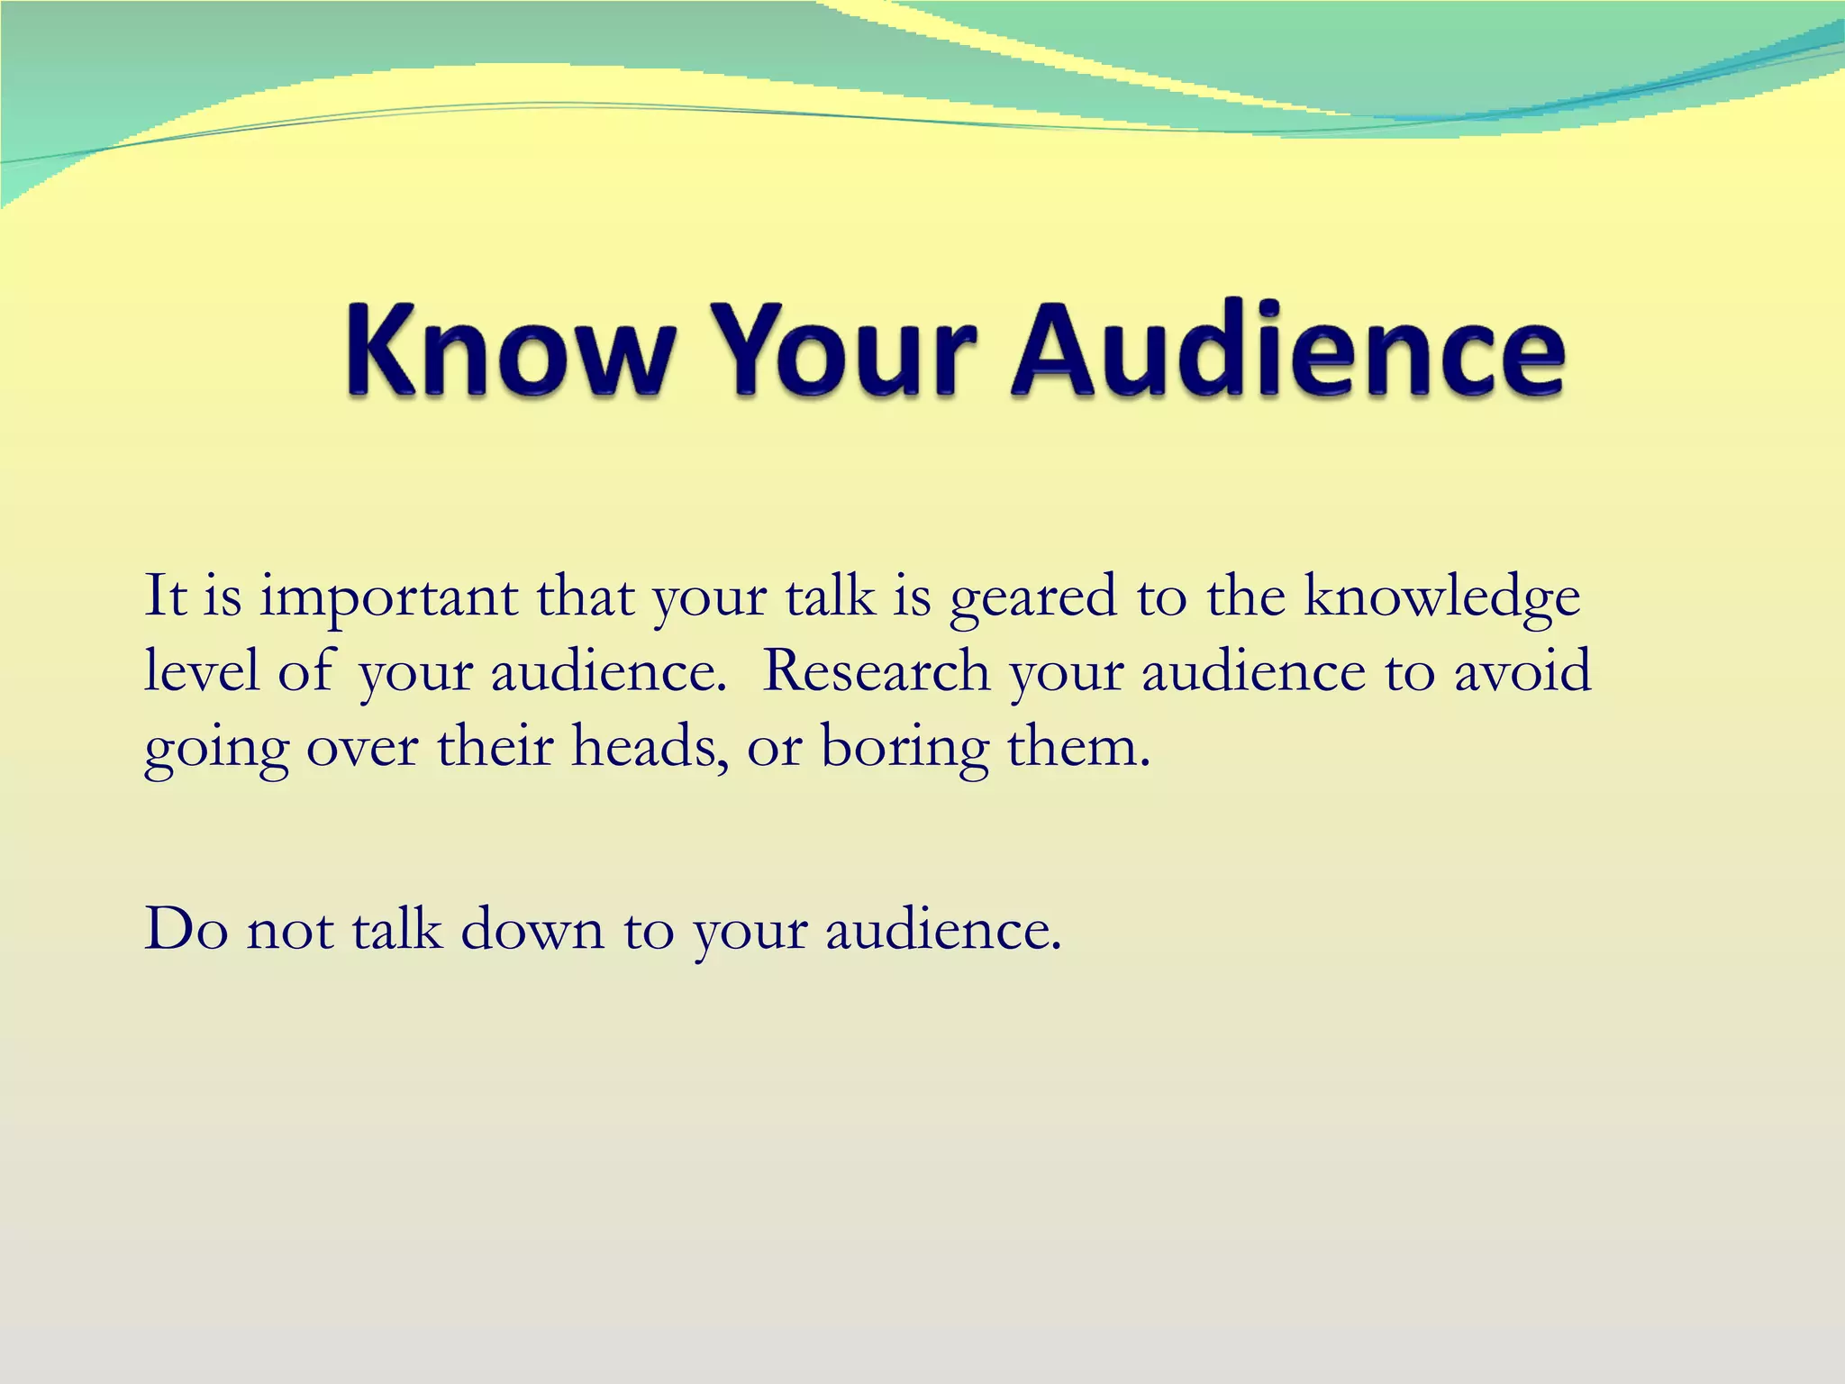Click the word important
click(388, 599)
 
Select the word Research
click(876, 671)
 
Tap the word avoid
click(1522, 671)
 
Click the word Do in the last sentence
click(186, 929)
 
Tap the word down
click(532, 929)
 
